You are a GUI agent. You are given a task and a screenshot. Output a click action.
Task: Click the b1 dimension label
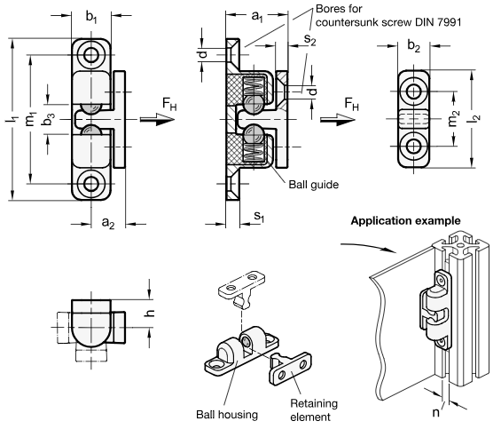[x=91, y=17]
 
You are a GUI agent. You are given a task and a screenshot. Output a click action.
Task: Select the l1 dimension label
[x=12, y=119]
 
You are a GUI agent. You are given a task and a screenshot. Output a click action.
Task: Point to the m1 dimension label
[x=31, y=119]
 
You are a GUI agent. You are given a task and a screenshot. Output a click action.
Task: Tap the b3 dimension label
[x=49, y=119]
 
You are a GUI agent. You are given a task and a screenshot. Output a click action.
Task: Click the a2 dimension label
[x=107, y=222]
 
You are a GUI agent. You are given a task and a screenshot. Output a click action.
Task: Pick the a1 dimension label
[x=257, y=16]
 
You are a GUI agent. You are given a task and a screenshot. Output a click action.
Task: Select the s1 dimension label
[x=259, y=217]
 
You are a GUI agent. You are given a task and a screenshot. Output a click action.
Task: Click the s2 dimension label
[x=309, y=39]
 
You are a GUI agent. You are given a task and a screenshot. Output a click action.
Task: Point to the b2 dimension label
[x=413, y=46]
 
